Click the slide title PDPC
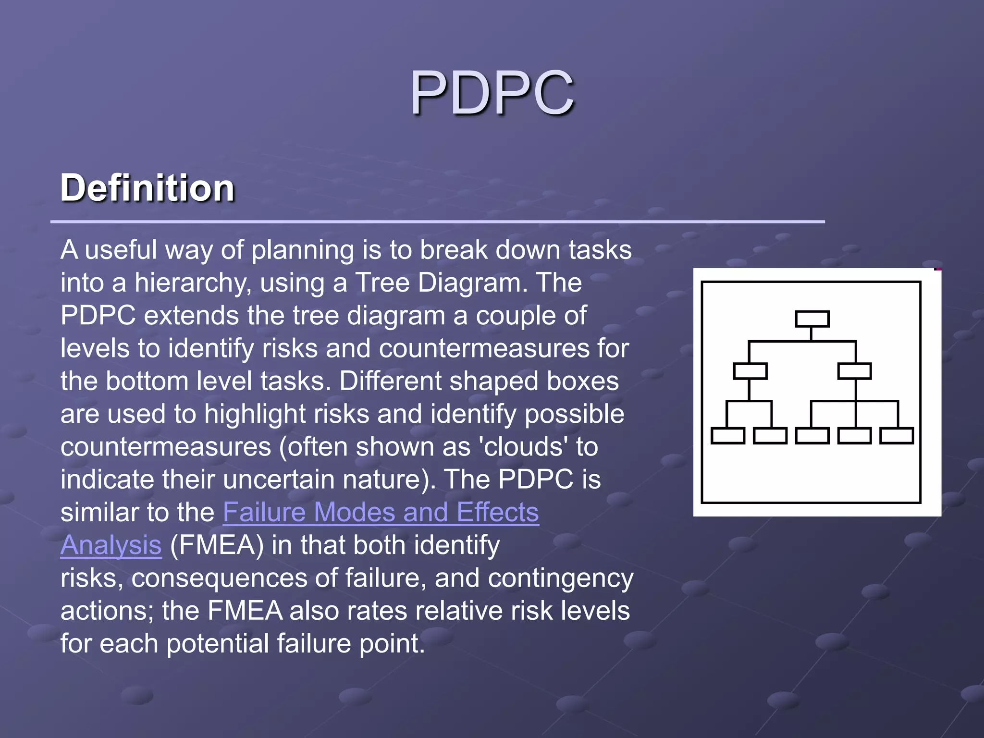pyautogui.click(x=492, y=93)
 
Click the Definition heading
pyautogui.click(x=148, y=188)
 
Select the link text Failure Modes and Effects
pyautogui.click(x=381, y=512)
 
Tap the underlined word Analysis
pyautogui.click(x=111, y=545)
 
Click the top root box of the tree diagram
pyautogui.click(x=812, y=319)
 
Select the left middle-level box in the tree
pyautogui.click(x=750, y=371)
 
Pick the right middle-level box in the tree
pyautogui.click(x=854, y=371)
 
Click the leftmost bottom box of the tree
pyautogui.click(x=727, y=436)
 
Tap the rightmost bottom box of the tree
pyautogui.click(x=897, y=436)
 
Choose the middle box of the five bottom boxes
pyautogui.click(x=812, y=436)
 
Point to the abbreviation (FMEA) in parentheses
pyautogui.click(x=217, y=545)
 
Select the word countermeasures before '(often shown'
pyautogui.click(x=166, y=447)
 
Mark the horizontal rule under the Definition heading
pyautogui.click(x=437, y=221)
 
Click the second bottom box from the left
pyautogui.click(x=770, y=436)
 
